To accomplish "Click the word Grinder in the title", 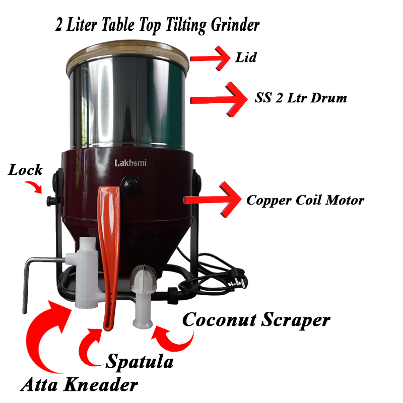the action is coord(235,26).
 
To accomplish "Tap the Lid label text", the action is coord(246,57).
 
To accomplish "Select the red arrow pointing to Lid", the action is coord(210,58).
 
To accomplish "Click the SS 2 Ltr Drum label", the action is coord(301,98).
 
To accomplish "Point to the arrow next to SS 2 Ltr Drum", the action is coord(219,99).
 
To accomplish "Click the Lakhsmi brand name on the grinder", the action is coord(130,163).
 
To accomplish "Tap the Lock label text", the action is coord(25,170).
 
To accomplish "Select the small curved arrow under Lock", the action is coord(34,186).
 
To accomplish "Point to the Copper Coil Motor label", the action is coord(305,200).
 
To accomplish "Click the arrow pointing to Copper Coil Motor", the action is coord(212,199).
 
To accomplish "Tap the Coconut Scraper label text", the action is coord(256,320).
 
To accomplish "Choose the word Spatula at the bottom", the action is coord(140,362).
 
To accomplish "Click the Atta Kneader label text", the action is coord(79,385).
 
